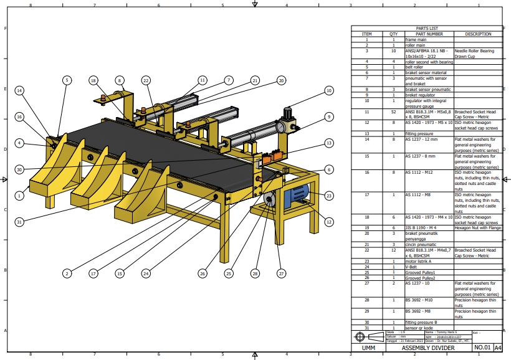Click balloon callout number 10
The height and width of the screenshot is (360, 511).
pos(328,90)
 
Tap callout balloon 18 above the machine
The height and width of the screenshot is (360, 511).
pos(93,80)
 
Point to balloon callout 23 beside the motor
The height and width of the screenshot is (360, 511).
pos(328,195)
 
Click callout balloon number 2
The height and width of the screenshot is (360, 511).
pos(67,273)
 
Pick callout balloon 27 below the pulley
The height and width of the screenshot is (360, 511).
pos(281,273)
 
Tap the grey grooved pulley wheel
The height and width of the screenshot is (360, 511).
pos(270,200)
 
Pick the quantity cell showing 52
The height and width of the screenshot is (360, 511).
pos(393,112)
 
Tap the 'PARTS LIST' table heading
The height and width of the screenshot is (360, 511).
pos(427,29)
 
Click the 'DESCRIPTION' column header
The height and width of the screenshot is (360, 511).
pos(477,34)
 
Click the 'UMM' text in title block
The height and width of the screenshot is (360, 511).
pos(368,348)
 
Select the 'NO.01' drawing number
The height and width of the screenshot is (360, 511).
pos(482,348)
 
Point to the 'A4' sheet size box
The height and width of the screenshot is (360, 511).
pos(498,348)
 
